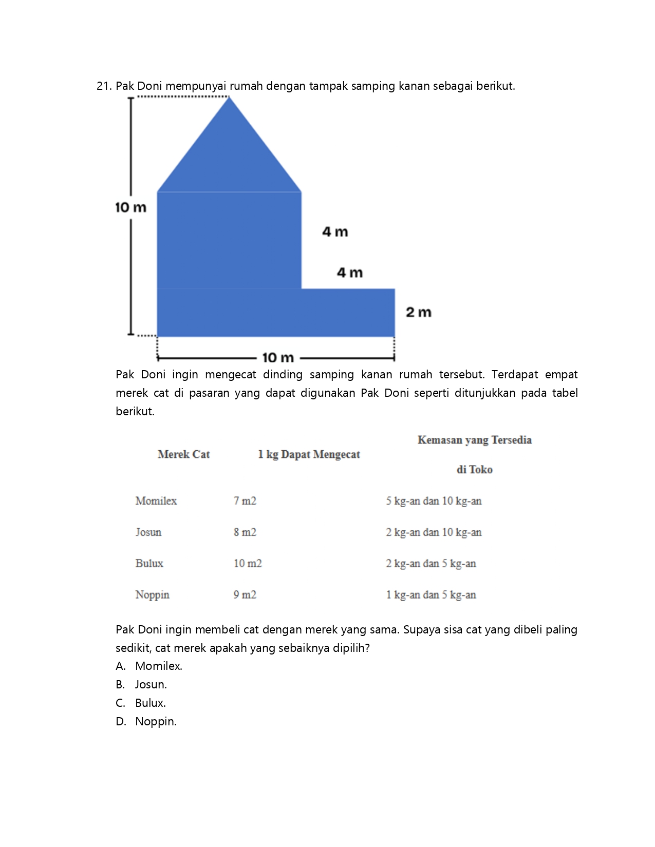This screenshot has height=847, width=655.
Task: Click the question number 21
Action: coord(104,86)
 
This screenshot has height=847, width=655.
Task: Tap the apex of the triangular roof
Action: coord(229,98)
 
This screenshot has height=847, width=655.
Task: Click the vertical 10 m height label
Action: coord(130,207)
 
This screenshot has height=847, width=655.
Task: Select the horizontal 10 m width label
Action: coord(278,357)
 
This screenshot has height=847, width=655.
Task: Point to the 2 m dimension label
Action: coord(418,312)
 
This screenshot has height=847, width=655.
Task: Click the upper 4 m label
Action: coord(335,232)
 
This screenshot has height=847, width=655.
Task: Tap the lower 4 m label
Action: coord(349,273)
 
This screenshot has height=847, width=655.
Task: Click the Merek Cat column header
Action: coord(183,454)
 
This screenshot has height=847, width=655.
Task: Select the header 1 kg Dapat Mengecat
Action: coord(309,454)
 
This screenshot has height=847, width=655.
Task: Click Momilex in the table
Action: coord(156,501)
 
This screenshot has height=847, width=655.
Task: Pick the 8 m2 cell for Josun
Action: coord(245,532)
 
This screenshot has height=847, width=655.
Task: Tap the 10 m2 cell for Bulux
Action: coord(248,564)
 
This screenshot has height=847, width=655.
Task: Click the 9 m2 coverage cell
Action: coord(245,595)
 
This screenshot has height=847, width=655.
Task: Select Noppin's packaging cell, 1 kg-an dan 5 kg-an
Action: coord(431,595)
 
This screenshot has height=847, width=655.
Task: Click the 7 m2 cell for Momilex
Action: coord(245,501)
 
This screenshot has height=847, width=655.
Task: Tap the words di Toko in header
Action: coord(474,470)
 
